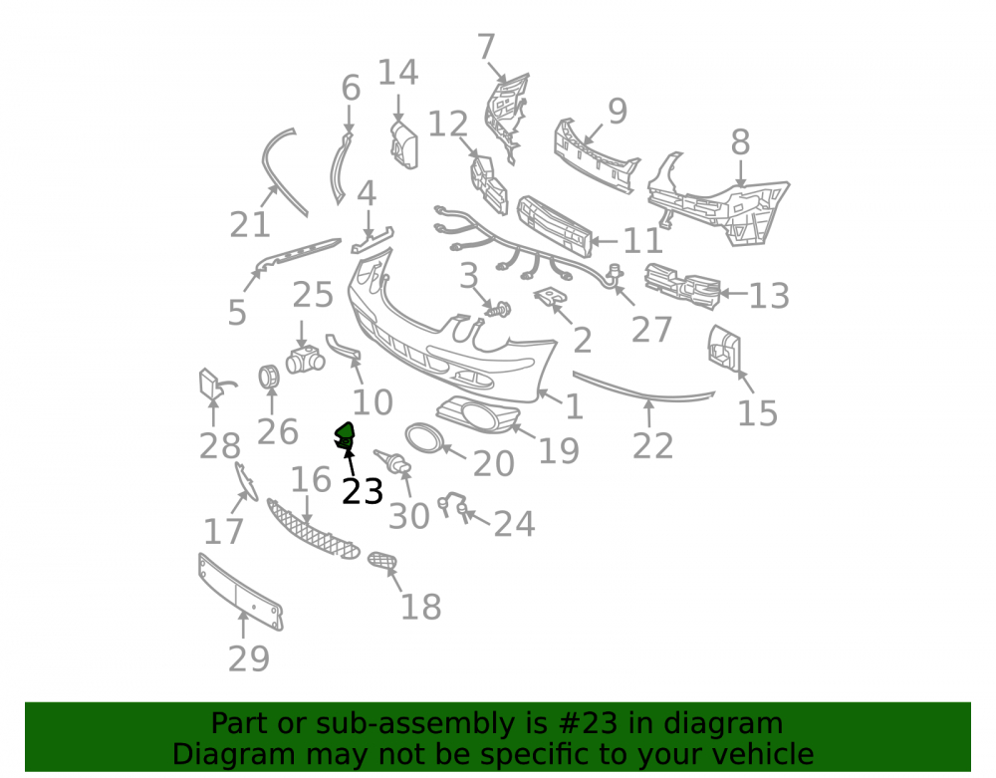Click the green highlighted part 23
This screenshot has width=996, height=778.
coord(345,435)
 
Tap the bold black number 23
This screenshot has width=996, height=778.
coord(363,491)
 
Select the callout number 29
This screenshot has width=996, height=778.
coord(249,658)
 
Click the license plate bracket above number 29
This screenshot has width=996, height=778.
coord(241,592)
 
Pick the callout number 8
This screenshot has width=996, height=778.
coord(741,141)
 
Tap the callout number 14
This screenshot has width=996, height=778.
coord(398,73)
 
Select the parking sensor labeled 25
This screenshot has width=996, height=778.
coord(305,360)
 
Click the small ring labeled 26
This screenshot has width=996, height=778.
coord(269,377)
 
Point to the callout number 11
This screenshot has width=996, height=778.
coord(643,241)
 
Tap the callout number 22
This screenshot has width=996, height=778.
coord(653,446)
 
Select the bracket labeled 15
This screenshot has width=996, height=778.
coord(724,348)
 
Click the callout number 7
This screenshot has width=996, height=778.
coord(486,47)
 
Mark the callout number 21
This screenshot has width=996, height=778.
coord(250,224)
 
